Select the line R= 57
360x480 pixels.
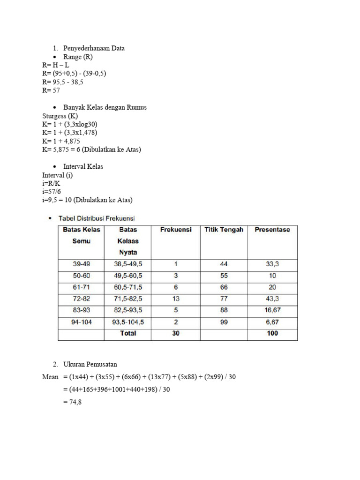tap(51, 90)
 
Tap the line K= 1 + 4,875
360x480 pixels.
tap(61, 141)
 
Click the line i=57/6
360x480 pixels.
tap(52, 192)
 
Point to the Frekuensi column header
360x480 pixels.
tap(176, 230)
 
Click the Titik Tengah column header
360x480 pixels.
tap(224, 230)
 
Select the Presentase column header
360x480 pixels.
tap(272, 230)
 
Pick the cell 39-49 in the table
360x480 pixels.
tap(81, 264)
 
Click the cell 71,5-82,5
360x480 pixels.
tap(128, 299)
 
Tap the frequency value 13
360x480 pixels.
tap(176, 299)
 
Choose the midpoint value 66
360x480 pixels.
tap(224, 287)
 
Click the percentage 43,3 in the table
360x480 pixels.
tap(272, 299)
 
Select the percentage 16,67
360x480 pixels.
tap(272, 310)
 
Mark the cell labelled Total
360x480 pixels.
tap(128, 333)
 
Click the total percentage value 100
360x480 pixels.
tap(272, 333)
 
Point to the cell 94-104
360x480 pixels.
tap(81, 322)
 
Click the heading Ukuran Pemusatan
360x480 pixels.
tap(91, 365)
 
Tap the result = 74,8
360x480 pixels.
tap(72, 402)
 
